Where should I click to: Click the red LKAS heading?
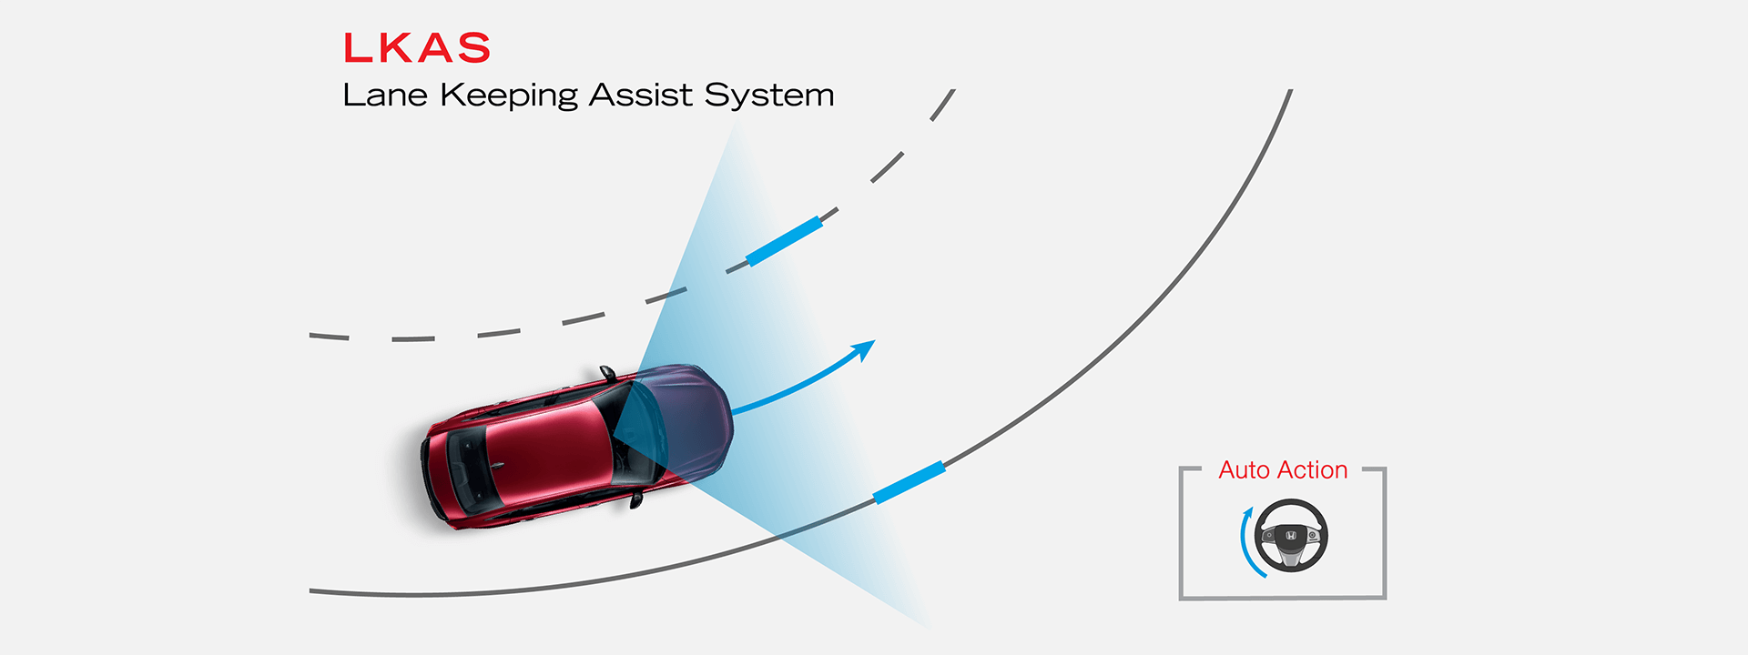pyautogui.click(x=417, y=48)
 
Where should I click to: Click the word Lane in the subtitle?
pyautogui.click(x=385, y=95)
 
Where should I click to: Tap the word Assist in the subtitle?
pyautogui.click(x=641, y=95)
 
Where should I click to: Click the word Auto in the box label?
pyautogui.click(x=1244, y=470)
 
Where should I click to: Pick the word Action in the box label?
pyautogui.click(x=1312, y=470)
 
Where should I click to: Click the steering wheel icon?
pyautogui.click(x=1291, y=536)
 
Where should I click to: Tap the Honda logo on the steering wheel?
pyautogui.click(x=1291, y=538)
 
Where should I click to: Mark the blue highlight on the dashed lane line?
pyautogui.click(x=784, y=241)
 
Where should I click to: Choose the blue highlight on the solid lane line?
pyautogui.click(x=909, y=483)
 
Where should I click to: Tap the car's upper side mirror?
pyautogui.click(x=607, y=373)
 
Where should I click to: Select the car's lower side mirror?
pyautogui.click(x=635, y=499)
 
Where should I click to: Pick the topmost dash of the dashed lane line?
pyautogui.click(x=942, y=105)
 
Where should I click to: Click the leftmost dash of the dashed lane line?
pyautogui.click(x=329, y=337)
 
